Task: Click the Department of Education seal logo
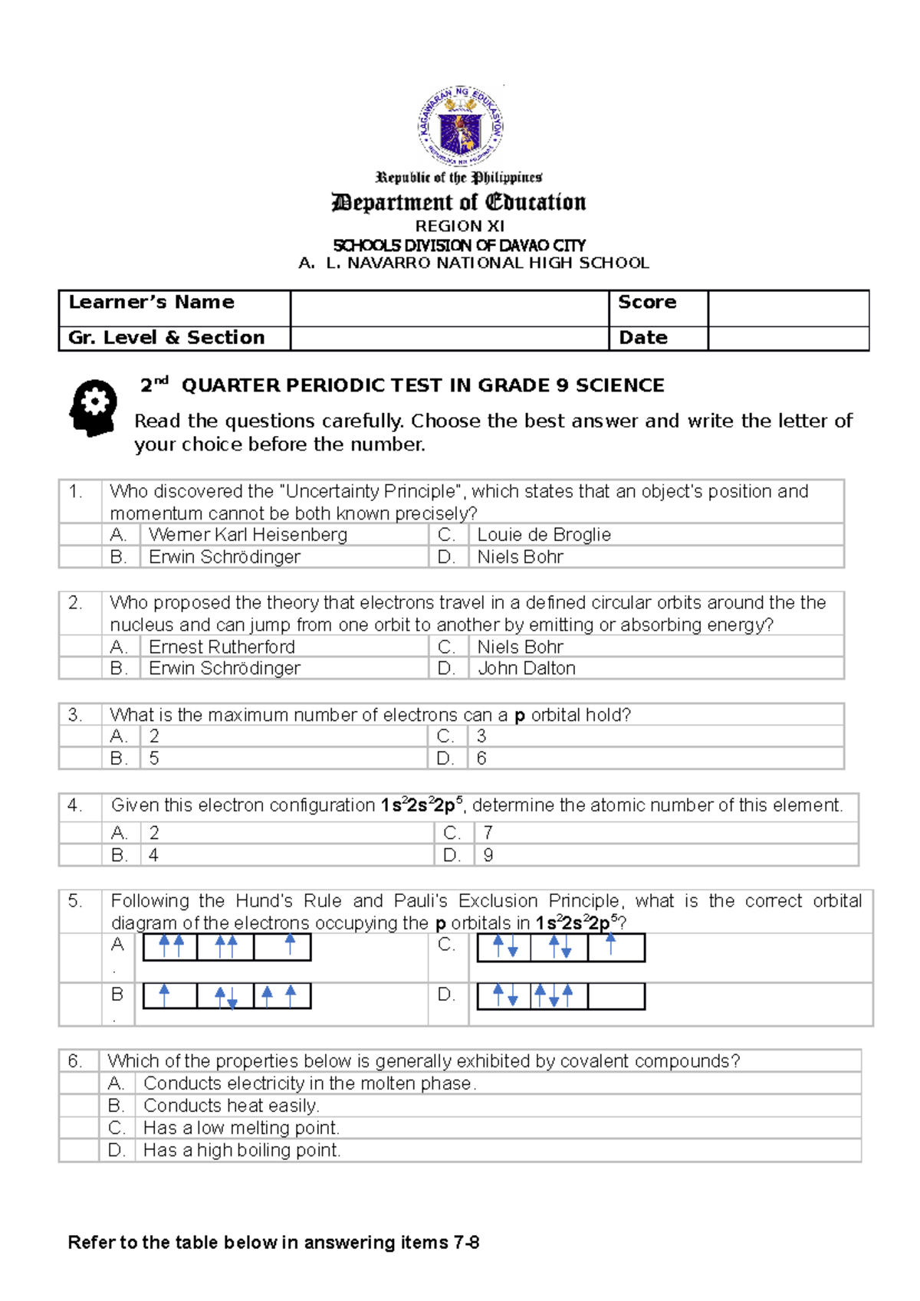point(460,126)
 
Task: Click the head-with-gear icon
point(94,407)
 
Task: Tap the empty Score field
point(787,308)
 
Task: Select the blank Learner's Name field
point(449,308)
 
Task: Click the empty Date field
point(787,338)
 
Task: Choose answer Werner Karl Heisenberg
point(248,535)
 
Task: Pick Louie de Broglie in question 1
point(544,535)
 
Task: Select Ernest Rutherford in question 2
point(222,647)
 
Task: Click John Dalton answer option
point(526,668)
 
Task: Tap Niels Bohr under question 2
point(520,647)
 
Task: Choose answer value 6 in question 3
point(481,759)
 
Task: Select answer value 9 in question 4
point(488,855)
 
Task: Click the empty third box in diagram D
point(616,996)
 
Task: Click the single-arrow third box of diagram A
point(282,947)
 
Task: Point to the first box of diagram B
point(170,996)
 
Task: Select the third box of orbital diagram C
point(616,947)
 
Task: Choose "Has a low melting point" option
point(241,1128)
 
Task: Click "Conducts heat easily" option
point(231,1106)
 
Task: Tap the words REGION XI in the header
point(459,226)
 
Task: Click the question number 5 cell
point(76,901)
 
